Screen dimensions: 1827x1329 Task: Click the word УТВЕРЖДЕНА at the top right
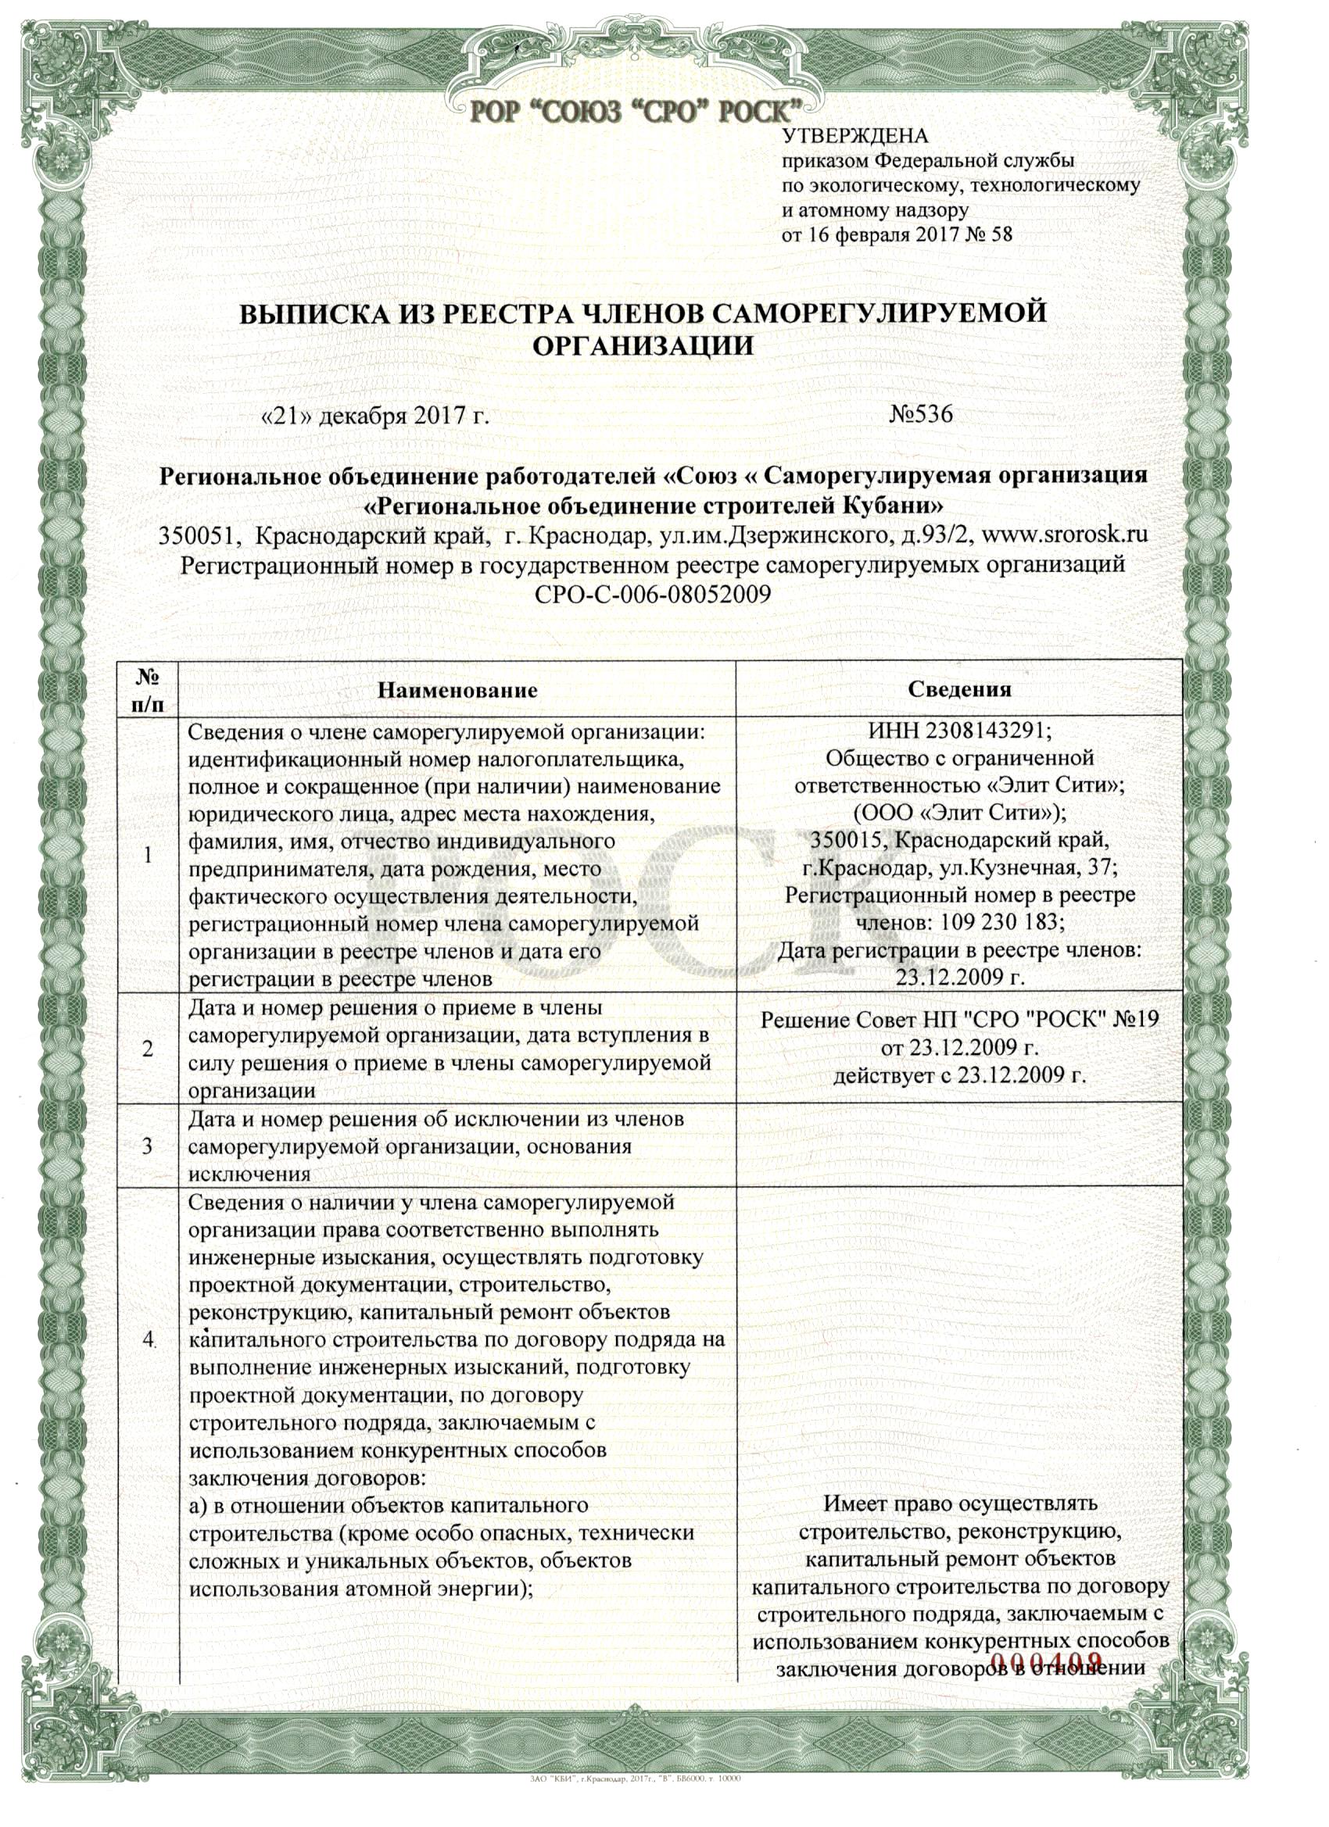pyautogui.click(x=856, y=136)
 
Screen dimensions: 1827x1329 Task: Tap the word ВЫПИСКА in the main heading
pyautogui.click(x=311, y=313)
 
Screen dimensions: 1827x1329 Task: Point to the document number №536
pyautogui.click(x=920, y=415)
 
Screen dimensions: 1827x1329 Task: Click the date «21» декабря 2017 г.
pyautogui.click(x=376, y=417)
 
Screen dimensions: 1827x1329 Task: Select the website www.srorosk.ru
pyautogui.click(x=1077, y=535)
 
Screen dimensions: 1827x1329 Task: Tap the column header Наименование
pyautogui.click(x=458, y=689)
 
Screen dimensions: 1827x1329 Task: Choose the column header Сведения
pyautogui.click(x=959, y=688)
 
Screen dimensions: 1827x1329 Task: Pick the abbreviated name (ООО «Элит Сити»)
pyautogui.click(x=960, y=811)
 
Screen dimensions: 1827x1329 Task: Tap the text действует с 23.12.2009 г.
pyautogui.click(x=960, y=1074)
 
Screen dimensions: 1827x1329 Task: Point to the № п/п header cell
pyautogui.click(x=148, y=689)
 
